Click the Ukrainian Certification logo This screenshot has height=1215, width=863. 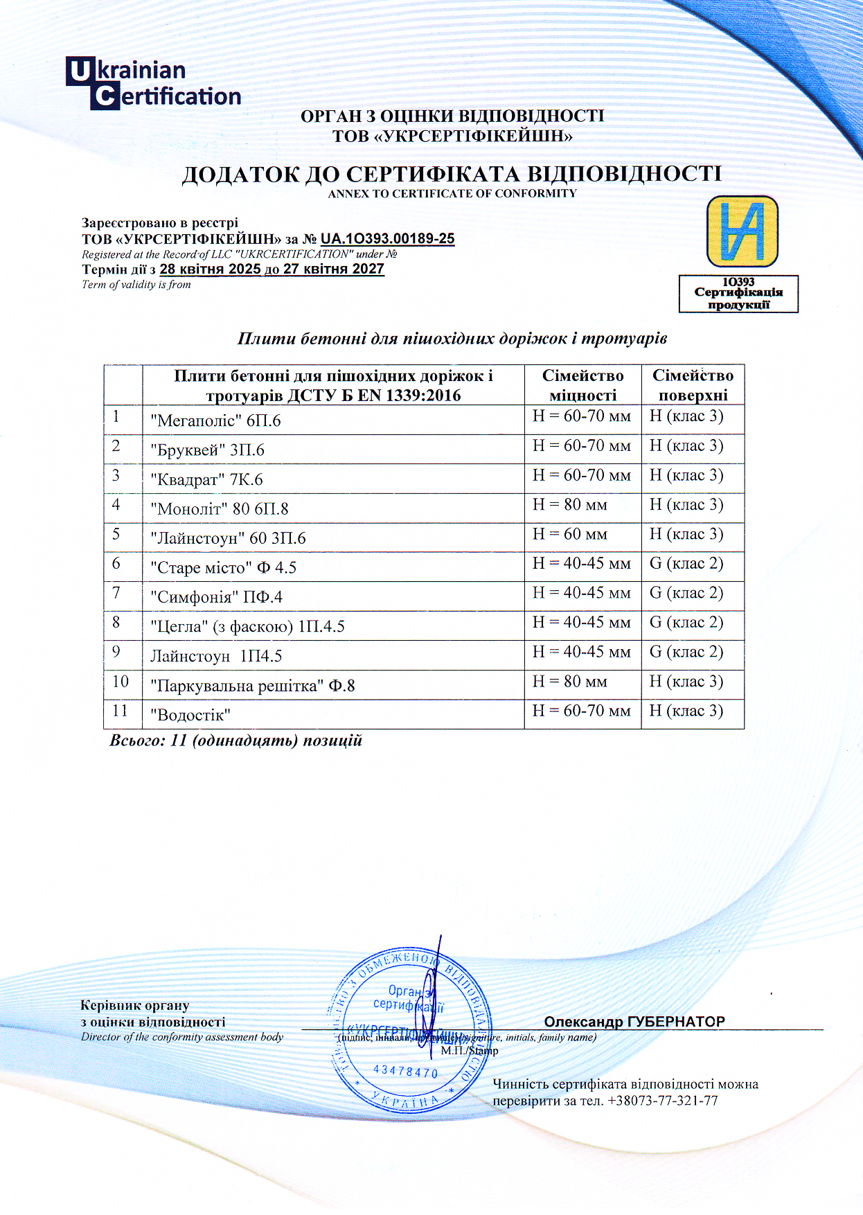point(153,84)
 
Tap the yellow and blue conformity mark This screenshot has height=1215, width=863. point(742,231)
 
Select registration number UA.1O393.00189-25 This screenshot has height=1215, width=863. point(387,239)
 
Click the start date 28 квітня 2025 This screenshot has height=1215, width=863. point(210,269)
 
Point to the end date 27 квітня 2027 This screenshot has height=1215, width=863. point(334,269)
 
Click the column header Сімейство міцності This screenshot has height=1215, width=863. point(582,385)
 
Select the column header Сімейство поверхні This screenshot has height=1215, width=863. point(693,385)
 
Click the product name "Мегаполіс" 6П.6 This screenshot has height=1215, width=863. point(215,420)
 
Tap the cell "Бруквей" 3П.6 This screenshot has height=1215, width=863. point(207,450)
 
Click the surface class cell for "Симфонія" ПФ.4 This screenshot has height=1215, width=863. point(686,593)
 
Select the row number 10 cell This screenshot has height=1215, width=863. point(121,682)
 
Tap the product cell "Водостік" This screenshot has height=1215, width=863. point(190,715)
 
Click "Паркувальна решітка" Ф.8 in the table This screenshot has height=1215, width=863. point(253,686)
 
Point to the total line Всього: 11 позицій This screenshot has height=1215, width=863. point(236,740)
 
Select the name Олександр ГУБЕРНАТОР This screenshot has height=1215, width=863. point(634,1022)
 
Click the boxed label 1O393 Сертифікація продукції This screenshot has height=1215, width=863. point(738,294)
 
